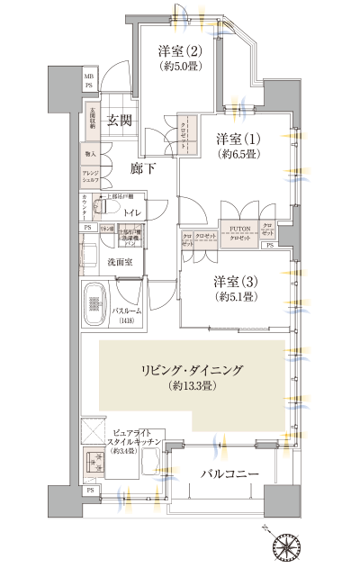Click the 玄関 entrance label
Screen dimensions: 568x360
coord(121,119)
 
